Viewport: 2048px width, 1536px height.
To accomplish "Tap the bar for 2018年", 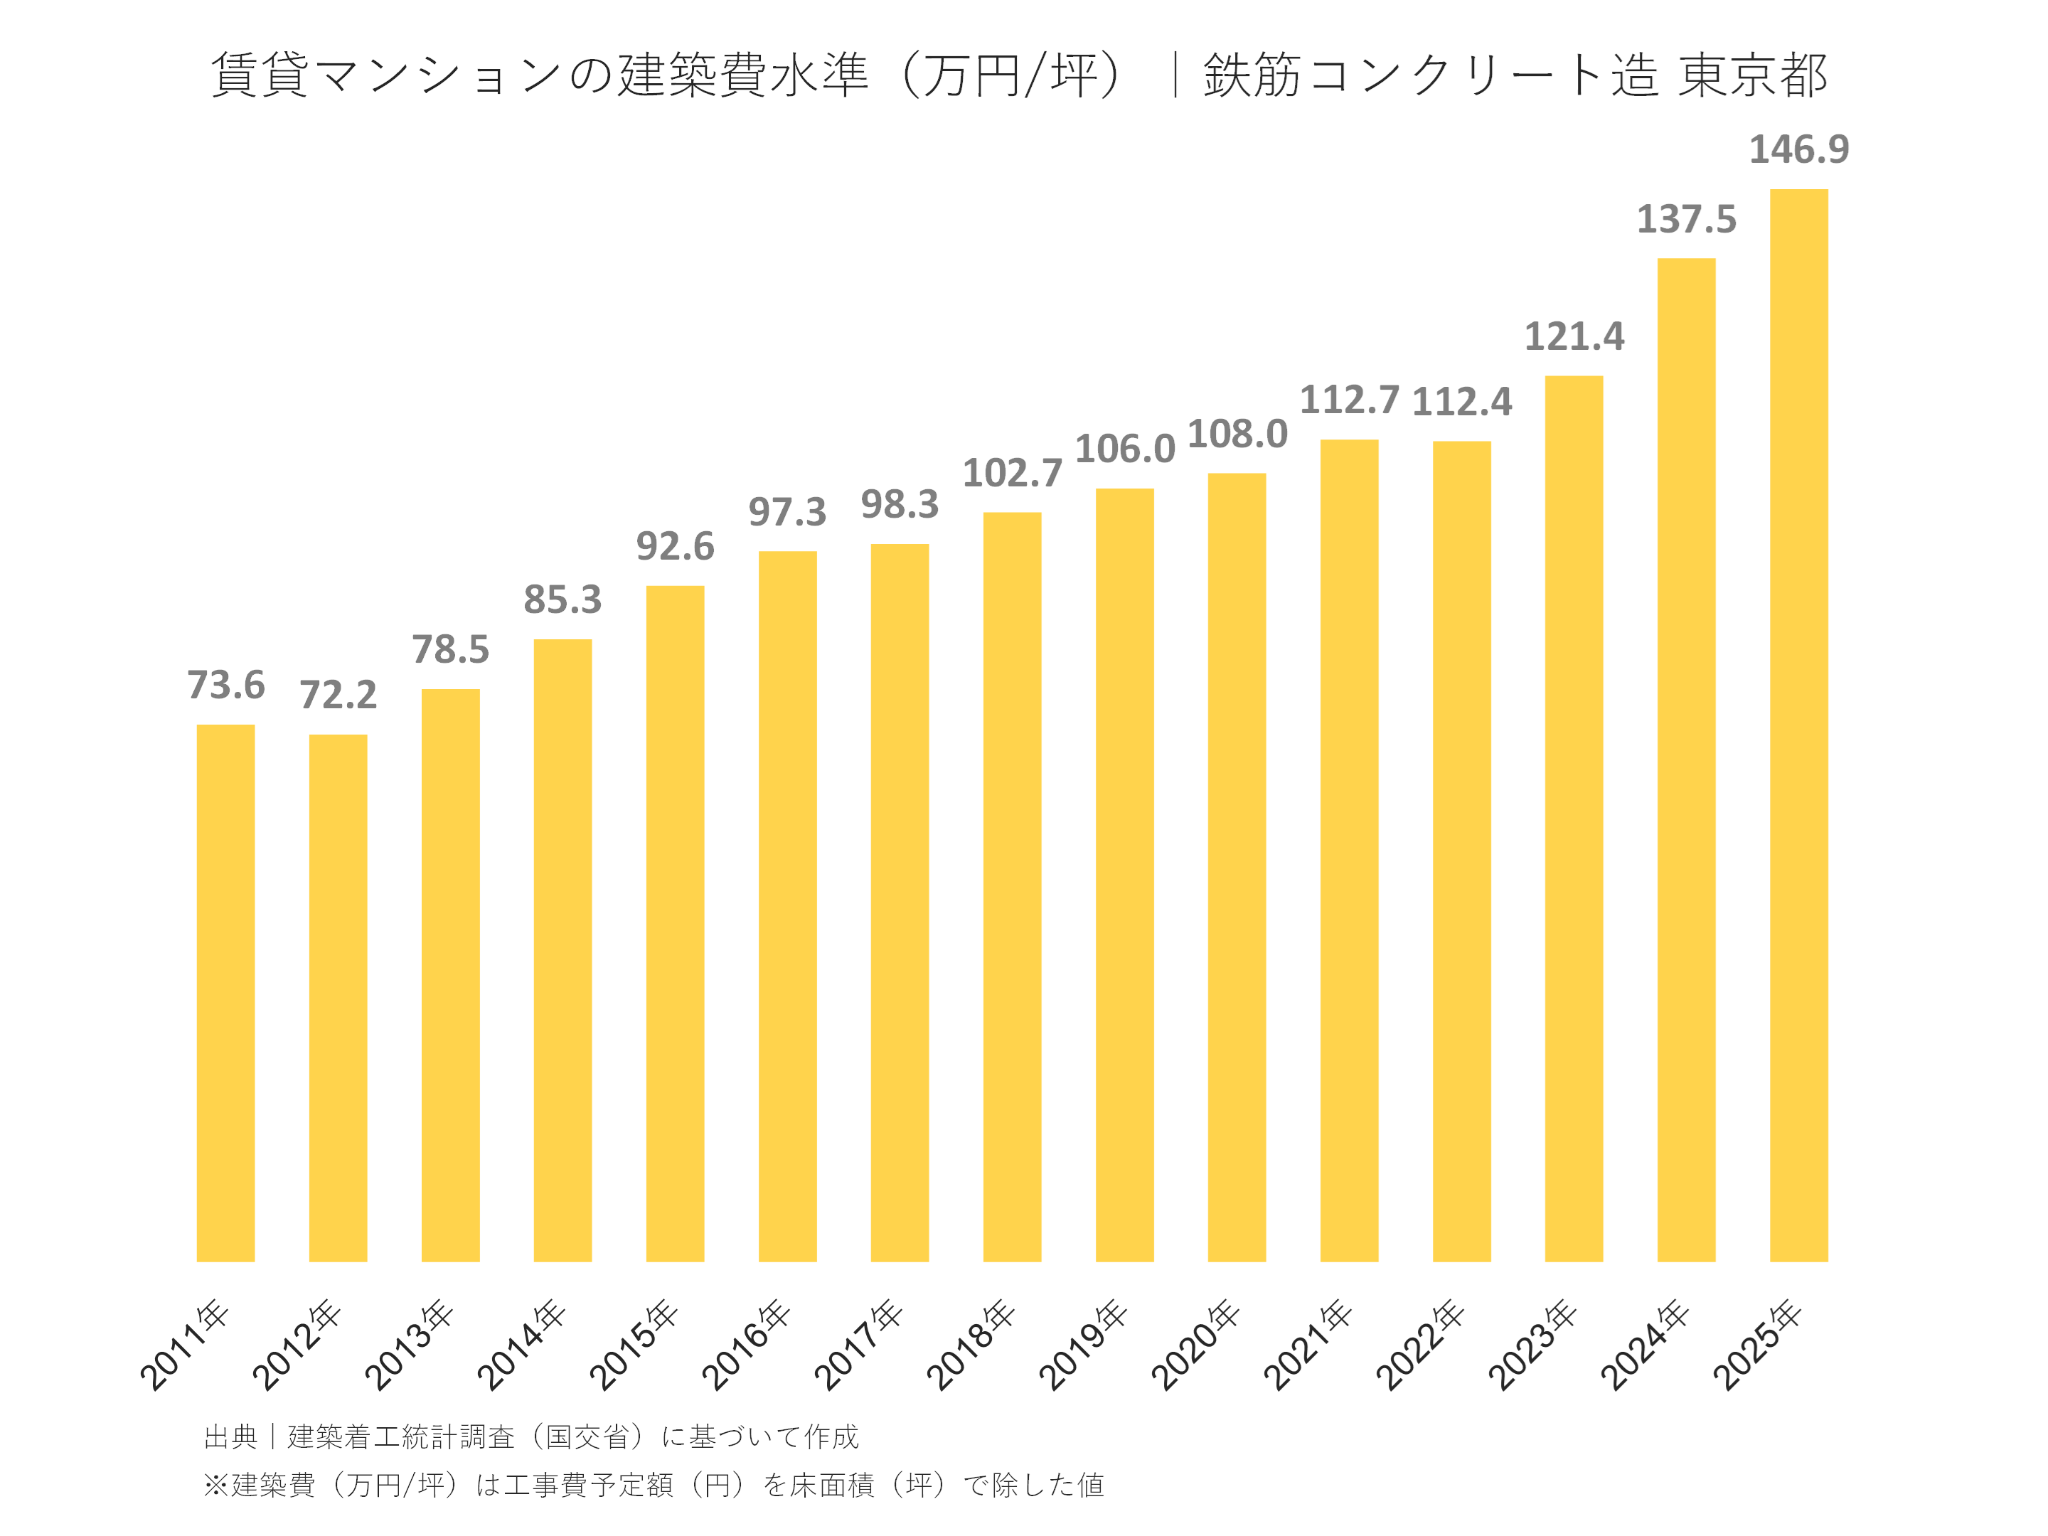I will click(x=1012, y=886).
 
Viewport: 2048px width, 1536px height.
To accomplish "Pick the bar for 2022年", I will click(x=1461, y=851).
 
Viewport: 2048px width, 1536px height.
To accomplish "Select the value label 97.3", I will click(x=787, y=512).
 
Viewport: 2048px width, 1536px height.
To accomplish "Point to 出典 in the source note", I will click(x=230, y=1437).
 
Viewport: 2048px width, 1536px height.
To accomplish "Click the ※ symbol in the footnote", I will click(x=215, y=1485).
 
